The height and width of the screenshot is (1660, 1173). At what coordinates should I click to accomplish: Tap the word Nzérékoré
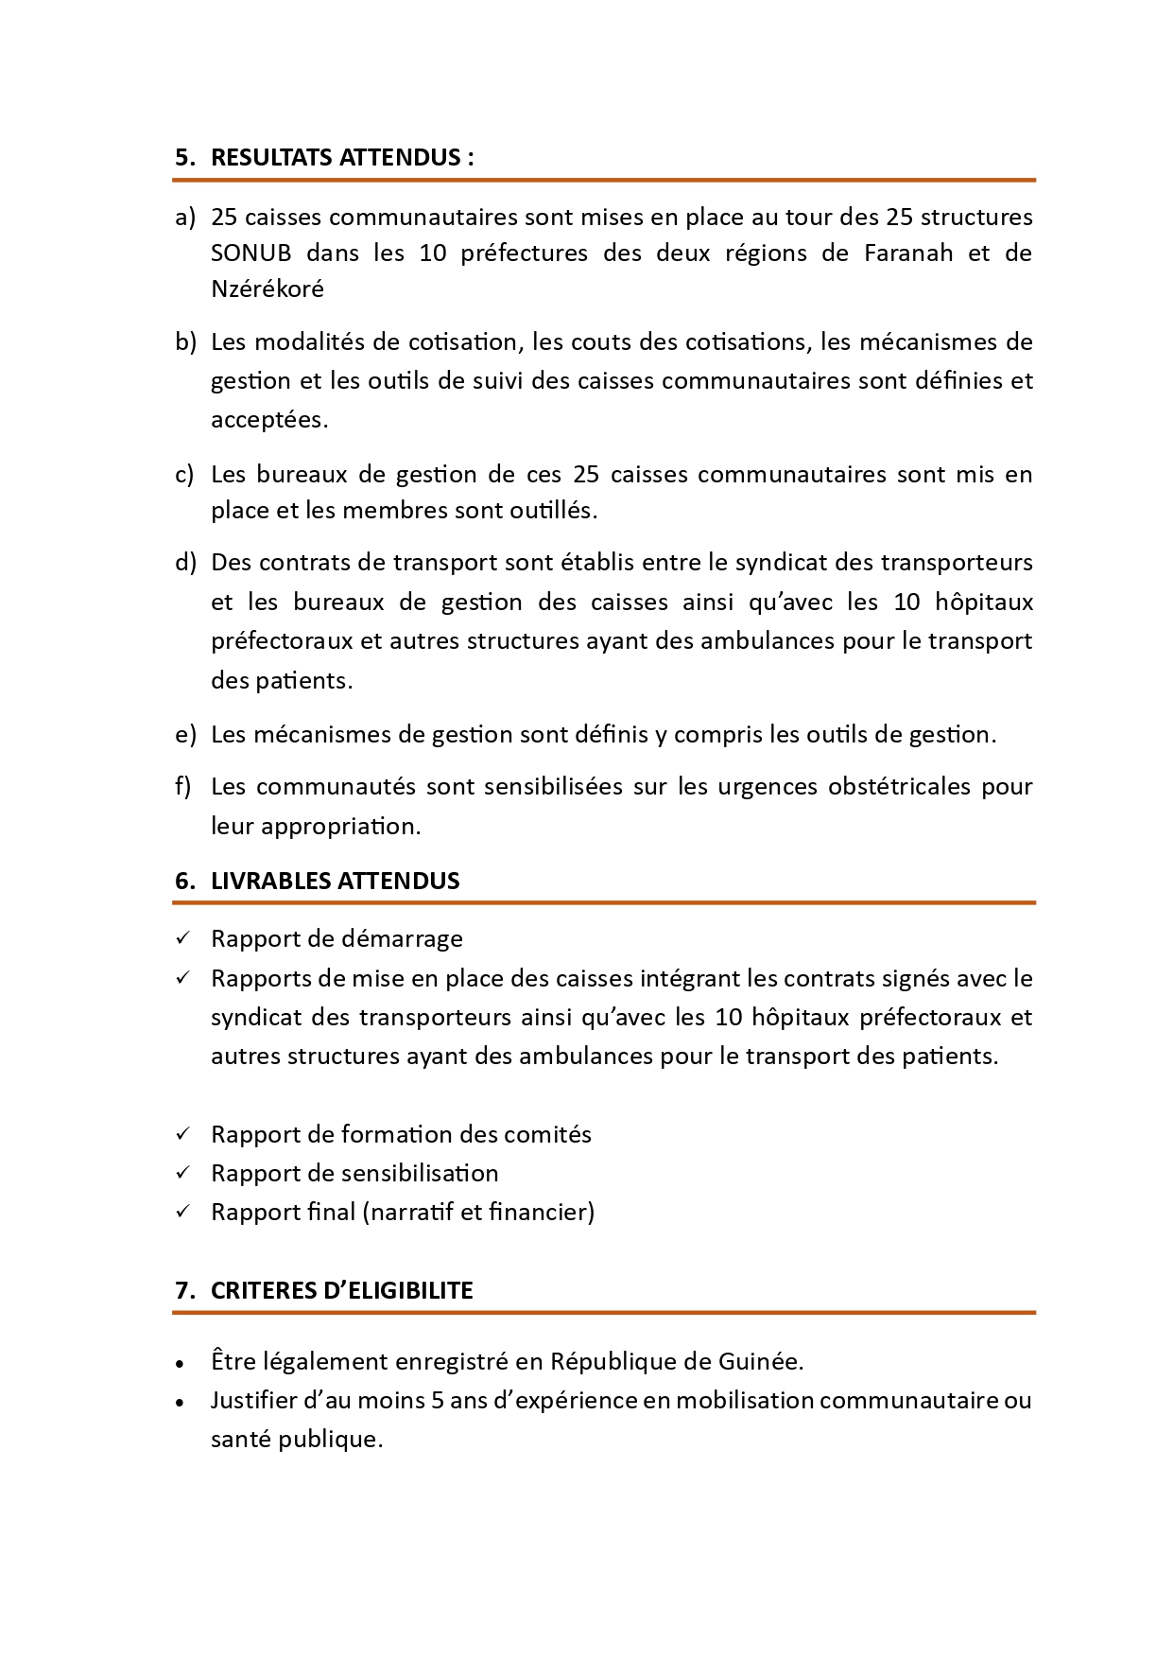point(267,289)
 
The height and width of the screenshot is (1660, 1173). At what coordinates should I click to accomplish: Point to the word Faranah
point(908,253)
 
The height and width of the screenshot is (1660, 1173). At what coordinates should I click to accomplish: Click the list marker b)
point(185,341)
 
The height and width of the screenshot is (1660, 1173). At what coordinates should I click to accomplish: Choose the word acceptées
point(268,420)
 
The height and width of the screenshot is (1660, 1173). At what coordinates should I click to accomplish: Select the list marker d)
point(185,563)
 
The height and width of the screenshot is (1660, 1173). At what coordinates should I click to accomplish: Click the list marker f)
point(183,787)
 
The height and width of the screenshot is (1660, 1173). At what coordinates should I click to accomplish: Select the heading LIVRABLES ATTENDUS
point(335,881)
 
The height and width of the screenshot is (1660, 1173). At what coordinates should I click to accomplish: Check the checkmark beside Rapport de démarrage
point(183,938)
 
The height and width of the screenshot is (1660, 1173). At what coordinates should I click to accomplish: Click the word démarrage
point(402,939)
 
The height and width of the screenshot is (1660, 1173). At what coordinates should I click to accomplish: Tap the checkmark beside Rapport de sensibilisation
point(183,1173)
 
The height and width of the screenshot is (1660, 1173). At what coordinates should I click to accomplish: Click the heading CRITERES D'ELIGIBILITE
point(341,1291)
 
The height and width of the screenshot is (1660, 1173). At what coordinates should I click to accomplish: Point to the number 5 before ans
point(438,1401)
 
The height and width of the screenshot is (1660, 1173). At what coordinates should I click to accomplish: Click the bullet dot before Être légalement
point(180,1364)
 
